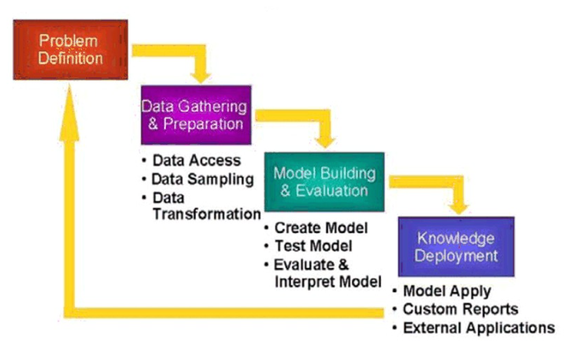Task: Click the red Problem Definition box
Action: coord(70,49)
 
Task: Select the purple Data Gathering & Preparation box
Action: coord(196,114)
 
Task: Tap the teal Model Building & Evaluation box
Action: coord(324,182)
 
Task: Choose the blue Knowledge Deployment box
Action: coord(455,246)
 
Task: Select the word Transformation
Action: coord(206,214)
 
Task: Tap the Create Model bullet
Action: coord(321,228)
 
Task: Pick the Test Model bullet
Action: coord(313,246)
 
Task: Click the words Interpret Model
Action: coord(327,281)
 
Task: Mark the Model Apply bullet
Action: coord(447,291)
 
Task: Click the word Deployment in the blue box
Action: coord(456,255)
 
